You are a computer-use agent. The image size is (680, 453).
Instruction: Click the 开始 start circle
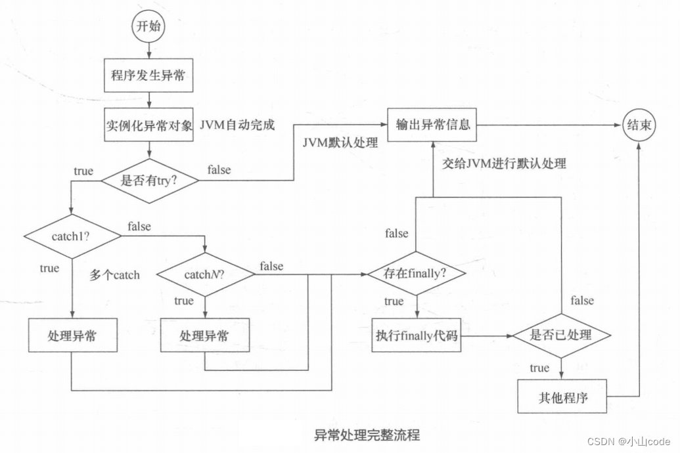149,28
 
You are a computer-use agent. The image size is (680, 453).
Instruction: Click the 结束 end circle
639,125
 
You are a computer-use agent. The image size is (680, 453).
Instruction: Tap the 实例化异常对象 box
149,125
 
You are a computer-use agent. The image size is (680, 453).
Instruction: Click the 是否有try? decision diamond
149,181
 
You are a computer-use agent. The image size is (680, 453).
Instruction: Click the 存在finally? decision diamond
416,273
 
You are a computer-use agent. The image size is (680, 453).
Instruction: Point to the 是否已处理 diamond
560,335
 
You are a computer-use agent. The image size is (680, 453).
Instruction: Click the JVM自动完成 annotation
237,125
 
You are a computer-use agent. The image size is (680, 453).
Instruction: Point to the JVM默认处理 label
340,142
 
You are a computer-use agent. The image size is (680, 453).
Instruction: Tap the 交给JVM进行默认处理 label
504,163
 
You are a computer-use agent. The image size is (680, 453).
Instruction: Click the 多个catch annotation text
115,275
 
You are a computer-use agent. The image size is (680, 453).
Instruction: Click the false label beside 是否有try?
219,169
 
